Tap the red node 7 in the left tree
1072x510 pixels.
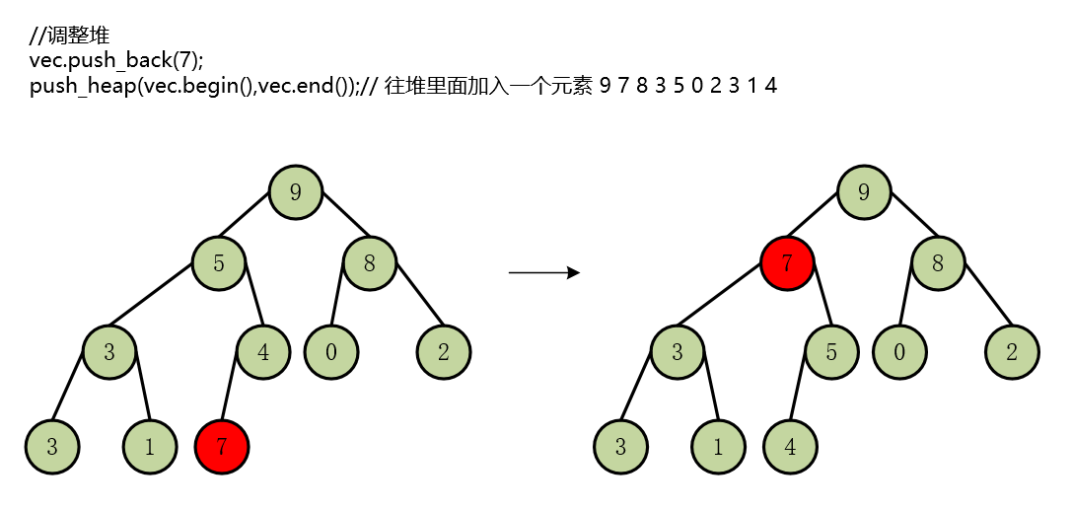(222, 446)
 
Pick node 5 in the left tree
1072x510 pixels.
(219, 263)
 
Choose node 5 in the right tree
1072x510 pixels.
(831, 352)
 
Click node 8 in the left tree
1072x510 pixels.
(369, 263)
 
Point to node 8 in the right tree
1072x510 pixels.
(937, 263)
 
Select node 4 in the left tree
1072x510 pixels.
(263, 352)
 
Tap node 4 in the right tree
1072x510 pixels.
(790, 446)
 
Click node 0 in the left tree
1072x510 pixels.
(331, 352)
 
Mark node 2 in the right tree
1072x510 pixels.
(1012, 352)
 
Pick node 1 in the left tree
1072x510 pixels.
(149, 446)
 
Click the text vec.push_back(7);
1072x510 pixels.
(116, 61)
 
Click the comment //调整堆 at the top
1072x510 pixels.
(69, 37)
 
